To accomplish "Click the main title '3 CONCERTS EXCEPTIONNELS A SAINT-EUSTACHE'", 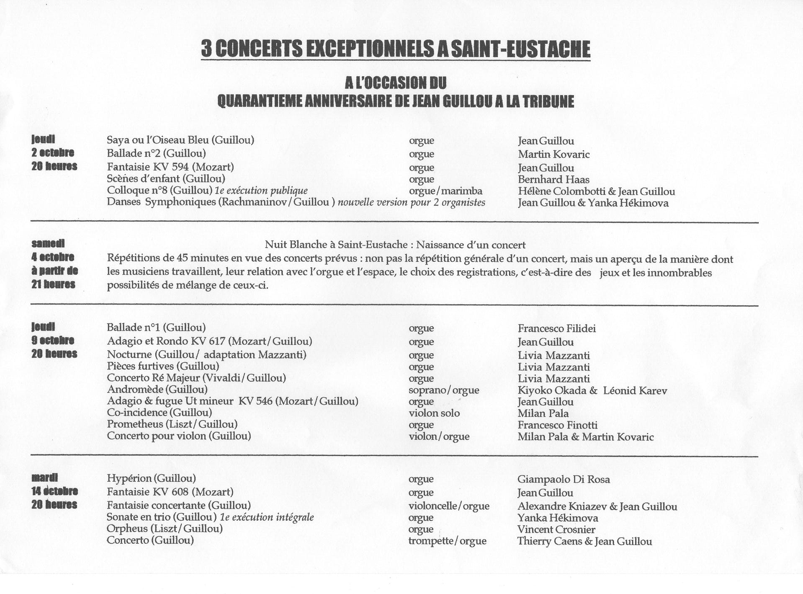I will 395,49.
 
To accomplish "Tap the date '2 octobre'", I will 53,152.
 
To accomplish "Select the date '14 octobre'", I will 54,491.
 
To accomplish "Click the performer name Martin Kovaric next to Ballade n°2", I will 553,155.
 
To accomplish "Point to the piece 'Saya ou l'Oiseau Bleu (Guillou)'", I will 180,140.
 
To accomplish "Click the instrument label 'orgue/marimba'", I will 445,191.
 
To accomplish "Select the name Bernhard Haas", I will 553,180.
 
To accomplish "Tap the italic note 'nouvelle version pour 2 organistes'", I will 411,203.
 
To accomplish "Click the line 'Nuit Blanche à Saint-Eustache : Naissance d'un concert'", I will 395,245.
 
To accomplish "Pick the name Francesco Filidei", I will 556,328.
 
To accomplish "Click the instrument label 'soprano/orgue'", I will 444,390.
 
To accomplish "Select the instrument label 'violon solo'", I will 434,413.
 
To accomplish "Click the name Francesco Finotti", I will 557,425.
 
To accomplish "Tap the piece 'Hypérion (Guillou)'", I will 151,478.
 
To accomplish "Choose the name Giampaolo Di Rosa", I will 564,479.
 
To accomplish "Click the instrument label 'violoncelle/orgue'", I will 449,506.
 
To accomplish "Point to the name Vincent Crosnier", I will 556,529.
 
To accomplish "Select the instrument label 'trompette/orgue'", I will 447,541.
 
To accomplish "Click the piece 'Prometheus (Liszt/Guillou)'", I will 172,424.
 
